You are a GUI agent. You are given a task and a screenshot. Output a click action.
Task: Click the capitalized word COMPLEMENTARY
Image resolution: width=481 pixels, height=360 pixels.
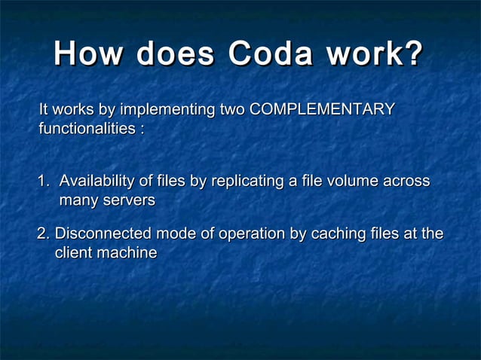tap(322, 110)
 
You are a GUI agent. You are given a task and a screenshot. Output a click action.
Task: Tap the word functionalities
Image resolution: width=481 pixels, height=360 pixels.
tap(87, 129)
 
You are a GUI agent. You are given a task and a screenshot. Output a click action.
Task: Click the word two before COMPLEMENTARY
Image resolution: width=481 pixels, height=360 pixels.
tap(231, 110)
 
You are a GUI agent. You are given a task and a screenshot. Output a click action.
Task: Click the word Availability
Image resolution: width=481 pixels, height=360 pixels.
tap(96, 182)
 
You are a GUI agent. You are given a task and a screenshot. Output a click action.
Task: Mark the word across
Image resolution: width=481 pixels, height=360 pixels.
tap(406, 182)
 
